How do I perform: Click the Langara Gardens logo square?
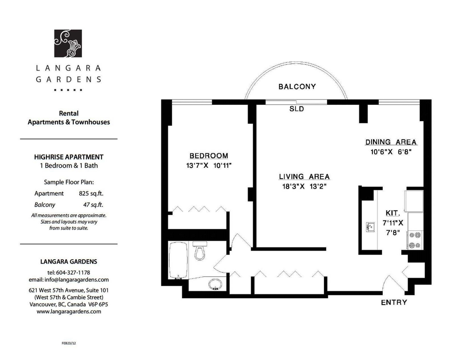pos(68,43)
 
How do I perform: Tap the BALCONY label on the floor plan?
pos(297,86)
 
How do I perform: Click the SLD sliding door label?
pos(296,109)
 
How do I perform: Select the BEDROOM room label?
pos(209,155)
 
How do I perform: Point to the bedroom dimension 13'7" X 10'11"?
pos(209,166)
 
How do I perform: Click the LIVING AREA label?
pos(304,176)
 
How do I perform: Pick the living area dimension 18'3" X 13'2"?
pos(305,187)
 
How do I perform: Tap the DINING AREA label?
pos(391,142)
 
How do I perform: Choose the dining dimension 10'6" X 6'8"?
pos(391,152)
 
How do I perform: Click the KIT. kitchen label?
pos(393,213)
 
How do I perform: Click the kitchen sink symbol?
pos(370,227)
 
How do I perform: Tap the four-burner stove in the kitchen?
pos(415,240)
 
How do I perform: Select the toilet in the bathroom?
pos(200,250)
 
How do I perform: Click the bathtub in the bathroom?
pos(178,261)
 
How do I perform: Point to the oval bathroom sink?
pos(215,284)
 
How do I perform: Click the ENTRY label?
pos(394,302)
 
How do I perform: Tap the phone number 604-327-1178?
pos(73,272)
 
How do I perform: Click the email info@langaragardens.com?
pos(76,280)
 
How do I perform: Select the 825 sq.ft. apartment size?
pos(91,193)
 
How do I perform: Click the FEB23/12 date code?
pos(69,343)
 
